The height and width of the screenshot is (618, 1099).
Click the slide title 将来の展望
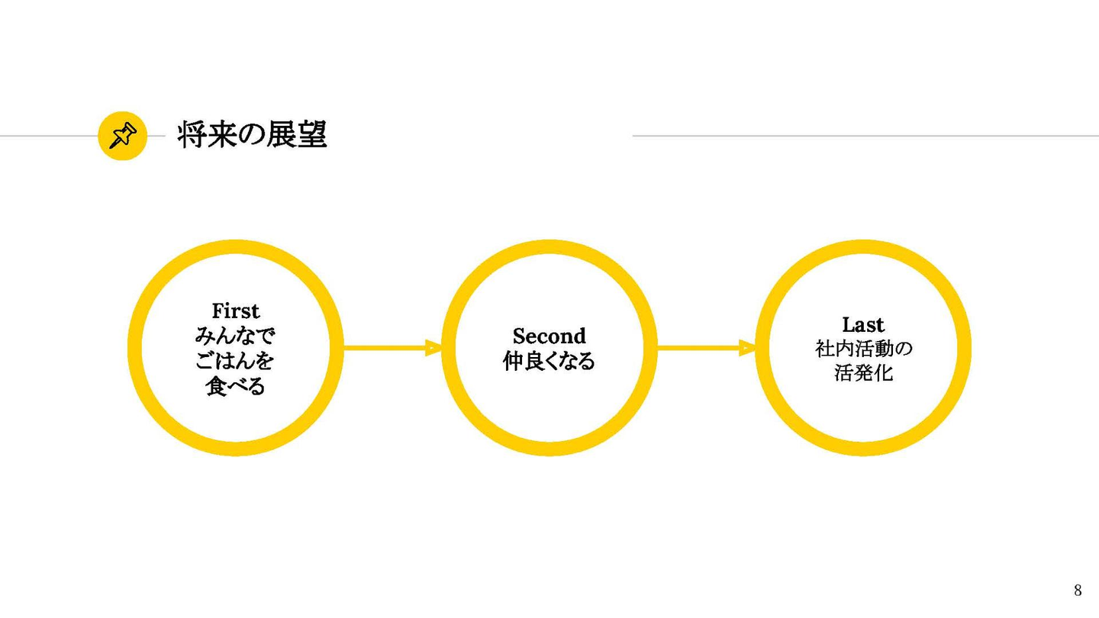click(x=252, y=136)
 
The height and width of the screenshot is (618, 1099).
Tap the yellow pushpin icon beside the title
click(x=122, y=137)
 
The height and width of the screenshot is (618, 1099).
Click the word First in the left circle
click(x=236, y=311)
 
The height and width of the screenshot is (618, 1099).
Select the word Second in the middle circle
click(x=549, y=336)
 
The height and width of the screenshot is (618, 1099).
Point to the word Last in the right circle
click(x=863, y=324)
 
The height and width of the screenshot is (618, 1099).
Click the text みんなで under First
click(x=236, y=336)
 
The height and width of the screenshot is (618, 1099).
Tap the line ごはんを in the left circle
click(x=236, y=361)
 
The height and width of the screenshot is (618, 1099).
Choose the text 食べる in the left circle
click(x=236, y=386)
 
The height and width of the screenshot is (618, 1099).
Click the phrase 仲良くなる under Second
click(x=549, y=361)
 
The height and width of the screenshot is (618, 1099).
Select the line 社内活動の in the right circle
click(x=863, y=349)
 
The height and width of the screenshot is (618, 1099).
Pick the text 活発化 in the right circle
click(x=863, y=374)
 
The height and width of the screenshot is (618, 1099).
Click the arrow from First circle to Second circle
click(x=389, y=348)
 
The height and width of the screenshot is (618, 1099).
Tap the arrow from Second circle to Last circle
click(x=702, y=348)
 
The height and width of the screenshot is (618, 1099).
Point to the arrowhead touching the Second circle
click(x=434, y=348)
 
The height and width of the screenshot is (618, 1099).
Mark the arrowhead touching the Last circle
click(x=748, y=348)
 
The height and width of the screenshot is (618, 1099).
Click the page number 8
click(x=1078, y=590)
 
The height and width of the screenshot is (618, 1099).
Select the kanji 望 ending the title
click(x=311, y=136)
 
